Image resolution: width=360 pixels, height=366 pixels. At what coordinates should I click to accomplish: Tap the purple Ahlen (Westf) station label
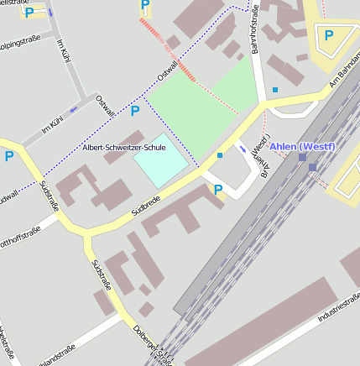pos(302,147)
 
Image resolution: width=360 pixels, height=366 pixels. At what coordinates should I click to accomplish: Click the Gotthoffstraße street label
pos(23,232)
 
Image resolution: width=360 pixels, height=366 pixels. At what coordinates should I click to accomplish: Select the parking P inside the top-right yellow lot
pos(328,35)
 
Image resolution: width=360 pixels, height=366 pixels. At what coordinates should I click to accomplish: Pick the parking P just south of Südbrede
pos(218,190)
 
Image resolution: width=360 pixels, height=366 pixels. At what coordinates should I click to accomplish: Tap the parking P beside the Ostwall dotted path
pos(135,111)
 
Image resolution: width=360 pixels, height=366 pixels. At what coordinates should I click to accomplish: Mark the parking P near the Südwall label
pos(9,155)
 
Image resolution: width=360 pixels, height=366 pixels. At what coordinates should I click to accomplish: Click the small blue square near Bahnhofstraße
pos(275,89)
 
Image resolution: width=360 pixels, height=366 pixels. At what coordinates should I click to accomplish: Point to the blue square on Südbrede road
pos(220,155)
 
